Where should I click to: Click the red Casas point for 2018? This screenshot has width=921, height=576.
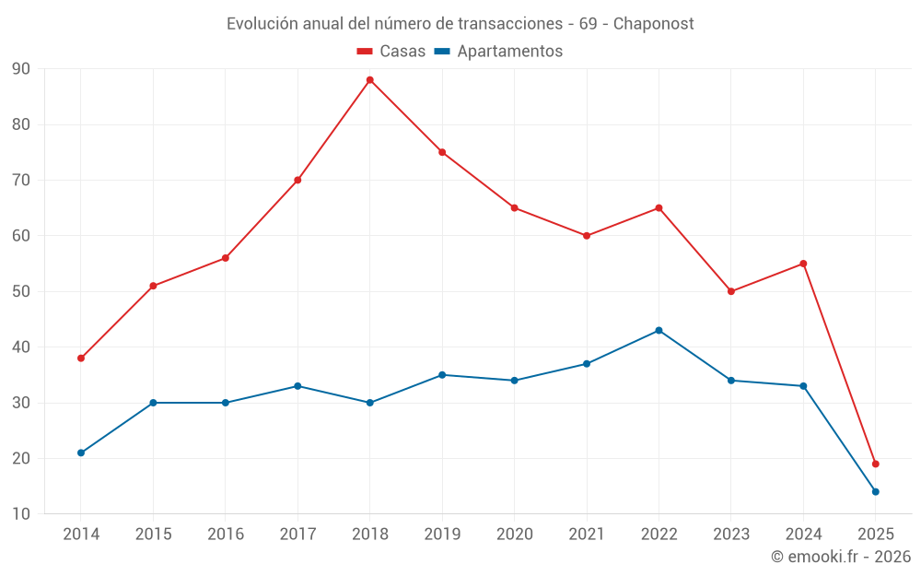coord(369,80)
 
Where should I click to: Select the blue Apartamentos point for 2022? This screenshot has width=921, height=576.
coord(659,330)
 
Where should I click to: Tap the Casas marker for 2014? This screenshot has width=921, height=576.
coord(81,358)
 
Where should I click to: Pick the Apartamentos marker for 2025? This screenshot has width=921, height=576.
coord(875,491)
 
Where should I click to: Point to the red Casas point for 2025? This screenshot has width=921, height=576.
coord(875,464)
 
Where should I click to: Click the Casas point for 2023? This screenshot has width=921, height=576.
coord(730,291)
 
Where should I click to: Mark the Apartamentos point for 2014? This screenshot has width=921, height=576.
coord(81,453)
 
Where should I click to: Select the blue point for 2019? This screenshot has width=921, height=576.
coord(442,375)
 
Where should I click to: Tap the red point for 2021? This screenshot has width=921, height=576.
coord(587,236)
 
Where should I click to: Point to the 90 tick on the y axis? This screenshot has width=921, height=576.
coord(20,69)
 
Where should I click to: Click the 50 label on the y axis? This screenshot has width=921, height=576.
coord(20,291)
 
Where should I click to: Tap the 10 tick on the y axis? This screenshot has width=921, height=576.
coord(20,513)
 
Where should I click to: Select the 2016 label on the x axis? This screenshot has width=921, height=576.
coord(226,534)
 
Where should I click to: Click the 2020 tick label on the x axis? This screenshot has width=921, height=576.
coord(514,534)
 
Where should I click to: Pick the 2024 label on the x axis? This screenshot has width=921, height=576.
coord(803,534)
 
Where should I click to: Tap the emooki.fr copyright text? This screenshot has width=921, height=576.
coord(840,557)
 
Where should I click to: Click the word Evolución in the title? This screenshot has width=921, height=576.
coord(262,23)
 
